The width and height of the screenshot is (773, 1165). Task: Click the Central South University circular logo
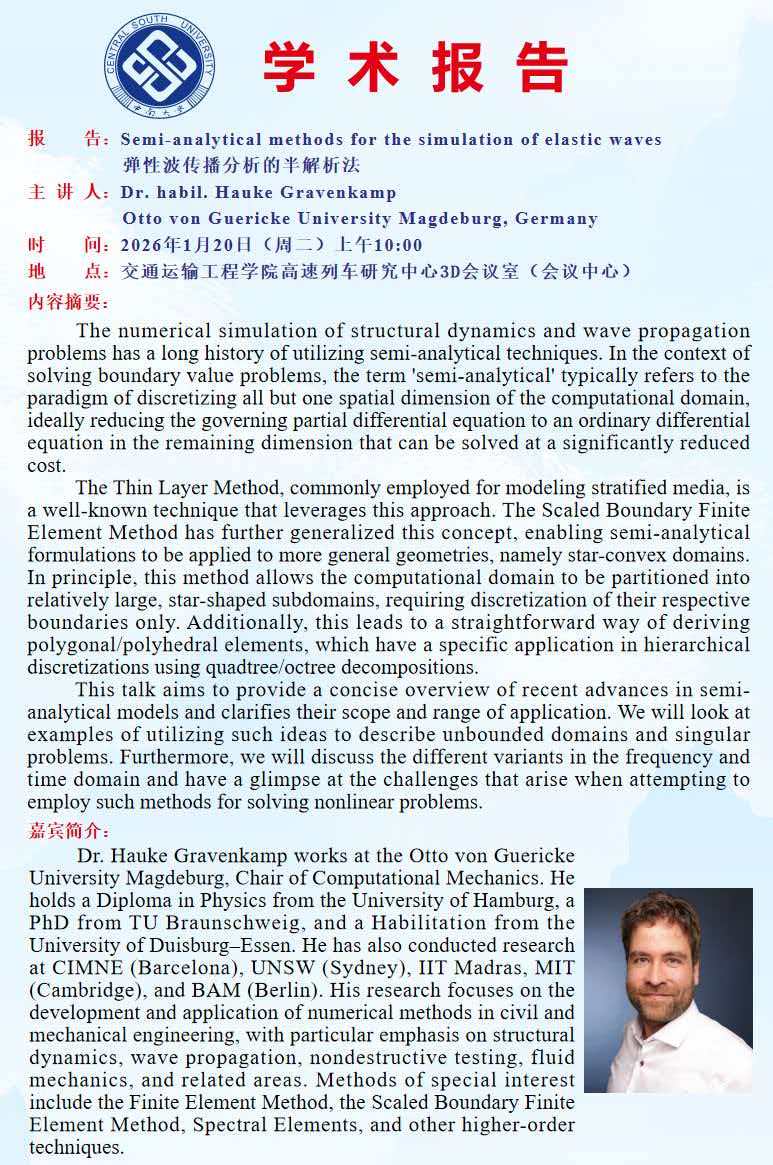tap(159, 65)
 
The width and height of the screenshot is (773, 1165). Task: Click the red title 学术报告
tap(415, 68)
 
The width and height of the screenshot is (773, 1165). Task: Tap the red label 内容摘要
tap(68, 301)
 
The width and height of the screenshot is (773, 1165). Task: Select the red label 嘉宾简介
tap(68, 830)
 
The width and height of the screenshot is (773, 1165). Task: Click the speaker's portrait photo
tap(667, 990)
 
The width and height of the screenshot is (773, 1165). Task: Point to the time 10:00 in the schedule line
tap(401, 245)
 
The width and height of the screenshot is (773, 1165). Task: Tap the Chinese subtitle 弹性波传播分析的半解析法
tap(241, 165)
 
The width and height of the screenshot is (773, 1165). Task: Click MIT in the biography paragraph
tap(553, 967)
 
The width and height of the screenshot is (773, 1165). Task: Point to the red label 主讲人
tap(66, 192)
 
